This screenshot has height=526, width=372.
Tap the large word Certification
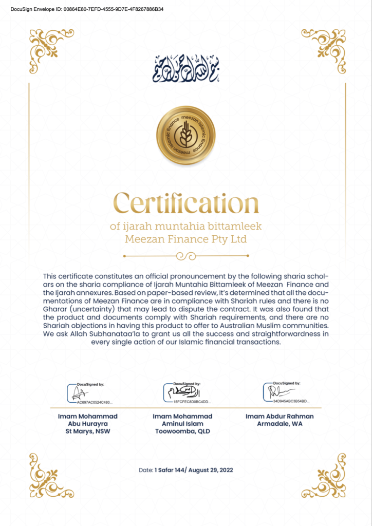pos(186,203)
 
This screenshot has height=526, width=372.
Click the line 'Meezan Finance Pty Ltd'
pos(186,239)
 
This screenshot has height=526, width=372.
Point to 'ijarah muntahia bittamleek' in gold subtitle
pos(186,227)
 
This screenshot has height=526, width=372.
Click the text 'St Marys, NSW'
pos(87,431)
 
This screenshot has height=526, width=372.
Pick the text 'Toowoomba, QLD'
pos(182,431)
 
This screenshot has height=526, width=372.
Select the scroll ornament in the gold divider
pos(186,255)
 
